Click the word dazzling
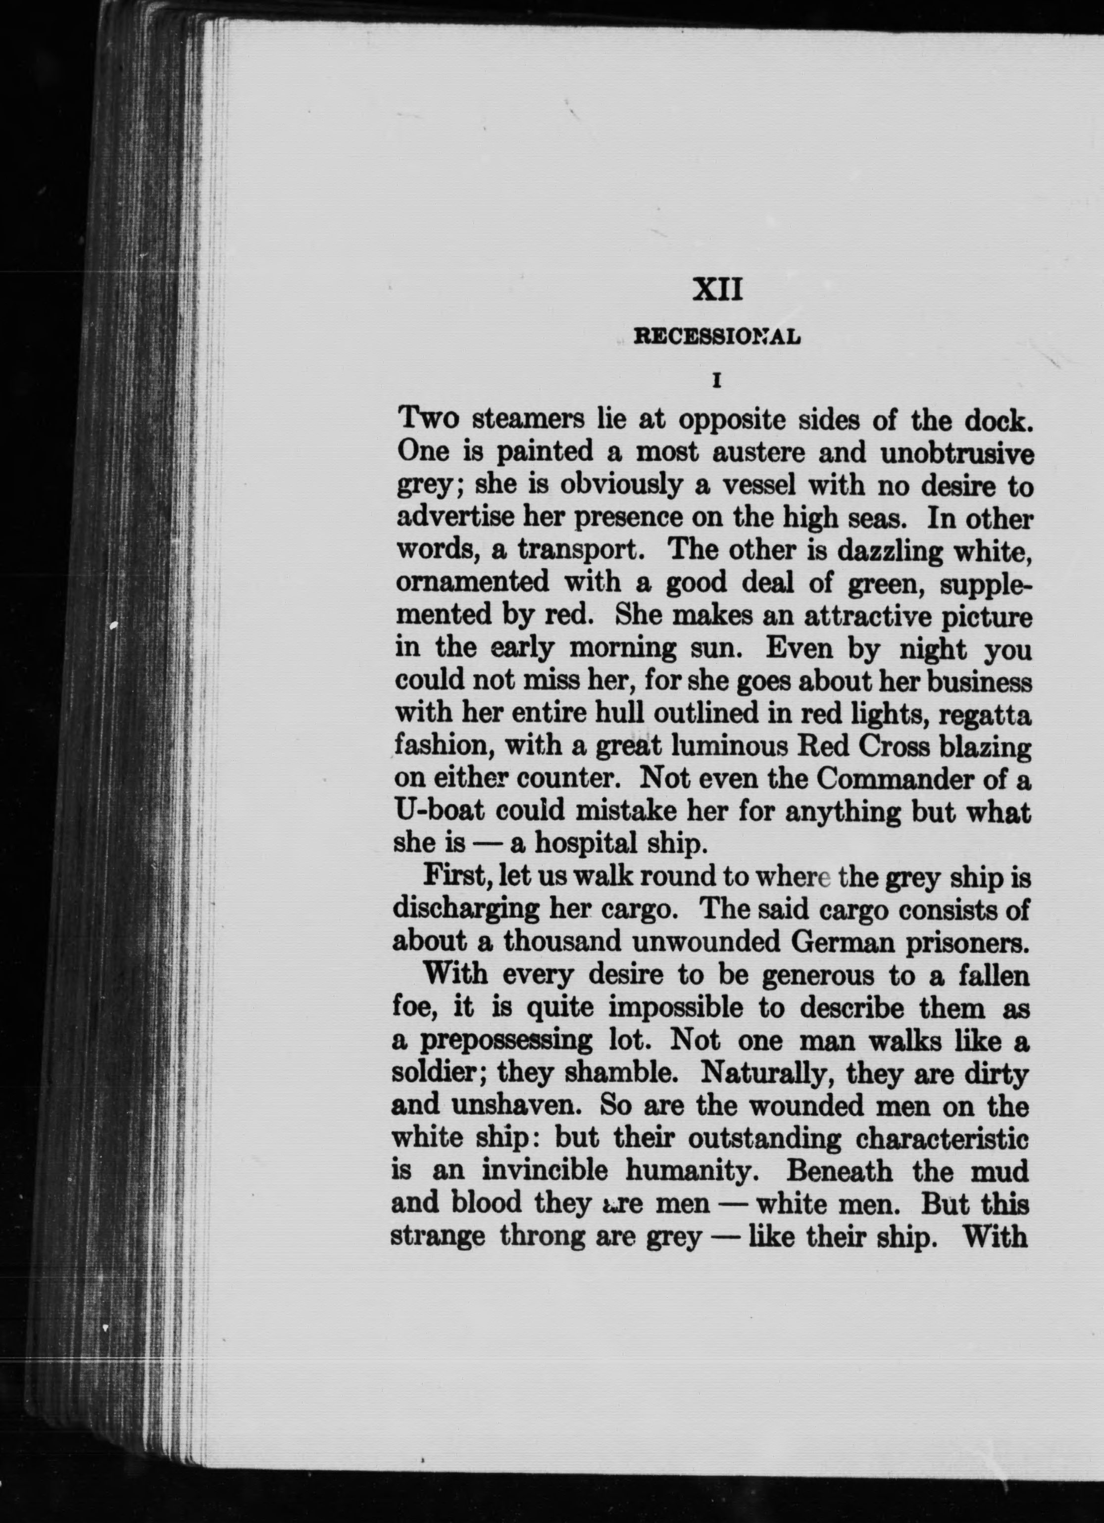pyautogui.click(x=882, y=550)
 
